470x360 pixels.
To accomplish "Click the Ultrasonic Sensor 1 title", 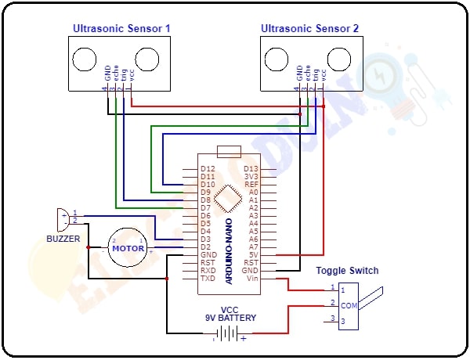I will (121, 29).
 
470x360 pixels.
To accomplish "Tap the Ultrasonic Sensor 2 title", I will (310, 29).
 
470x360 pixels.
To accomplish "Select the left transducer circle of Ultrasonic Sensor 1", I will (85, 59).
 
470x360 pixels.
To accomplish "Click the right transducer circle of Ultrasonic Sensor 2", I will (339, 59).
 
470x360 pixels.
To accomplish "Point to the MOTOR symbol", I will (127, 248).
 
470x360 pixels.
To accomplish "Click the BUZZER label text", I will (62, 238).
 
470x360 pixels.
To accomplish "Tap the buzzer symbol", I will (61, 217).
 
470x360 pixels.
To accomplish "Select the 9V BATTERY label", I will (229, 319).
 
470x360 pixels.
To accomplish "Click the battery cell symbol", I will (228, 333).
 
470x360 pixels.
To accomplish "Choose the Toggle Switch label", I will (347, 271).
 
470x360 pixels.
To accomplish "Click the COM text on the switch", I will (349, 305).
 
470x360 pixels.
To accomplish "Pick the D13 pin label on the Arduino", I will (251, 168).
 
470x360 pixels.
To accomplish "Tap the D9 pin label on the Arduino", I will (207, 192).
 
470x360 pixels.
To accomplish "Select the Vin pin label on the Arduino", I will (252, 278).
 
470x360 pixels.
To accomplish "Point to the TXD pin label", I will (208, 278).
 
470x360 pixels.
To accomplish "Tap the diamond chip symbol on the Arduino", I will (228, 199).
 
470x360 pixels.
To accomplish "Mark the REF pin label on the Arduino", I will (251, 184).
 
